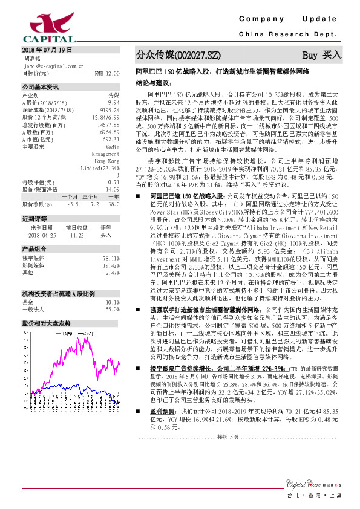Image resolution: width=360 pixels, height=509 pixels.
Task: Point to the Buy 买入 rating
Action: (322, 55)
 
